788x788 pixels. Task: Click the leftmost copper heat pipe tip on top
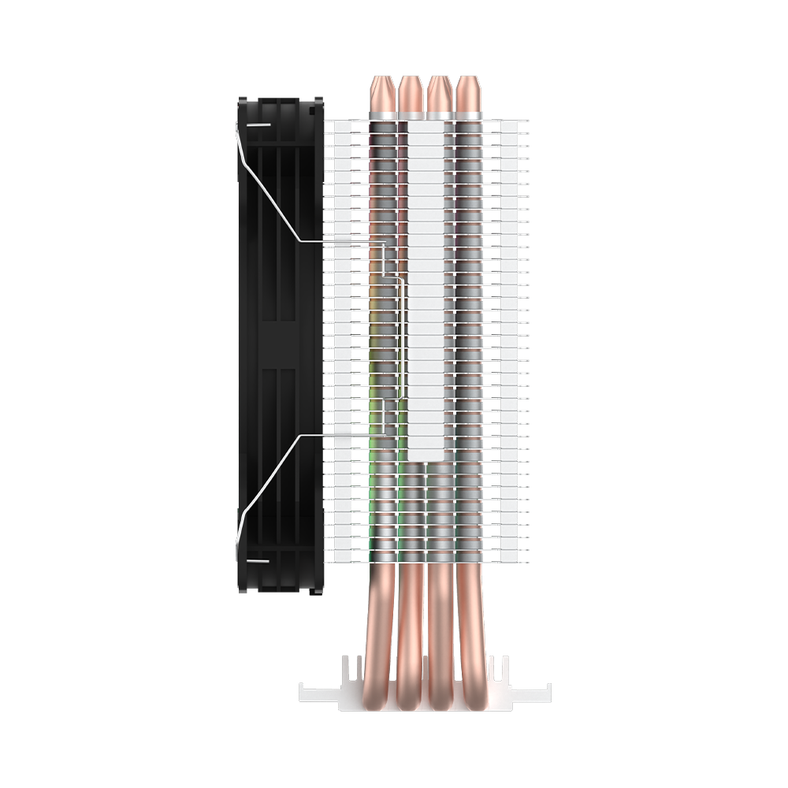tap(383, 93)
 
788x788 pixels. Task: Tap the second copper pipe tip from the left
tap(411, 93)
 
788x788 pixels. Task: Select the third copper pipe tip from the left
tap(440, 93)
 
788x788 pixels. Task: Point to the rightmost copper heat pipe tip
tap(468, 93)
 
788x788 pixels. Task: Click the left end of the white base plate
tap(307, 693)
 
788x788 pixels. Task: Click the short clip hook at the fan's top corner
tap(258, 124)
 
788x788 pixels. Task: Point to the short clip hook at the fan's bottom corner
tap(258, 560)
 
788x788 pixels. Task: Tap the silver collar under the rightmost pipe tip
tap(469, 116)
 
